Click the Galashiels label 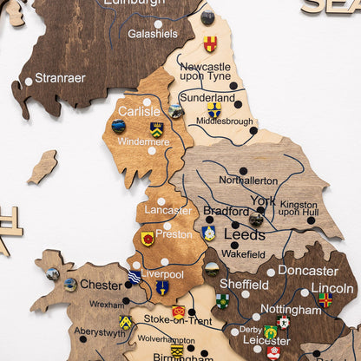point(153,34)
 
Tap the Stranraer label point(61,78)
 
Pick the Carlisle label point(139,111)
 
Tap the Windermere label point(143,141)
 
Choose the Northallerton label point(248,180)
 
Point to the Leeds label point(245,234)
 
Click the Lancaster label point(168,211)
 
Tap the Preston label point(174,233)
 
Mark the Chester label point(102,285)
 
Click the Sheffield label point(244,284)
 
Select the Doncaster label point(308,271)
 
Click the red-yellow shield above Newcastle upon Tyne point(210,43)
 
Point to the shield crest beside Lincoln point(325,300)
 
